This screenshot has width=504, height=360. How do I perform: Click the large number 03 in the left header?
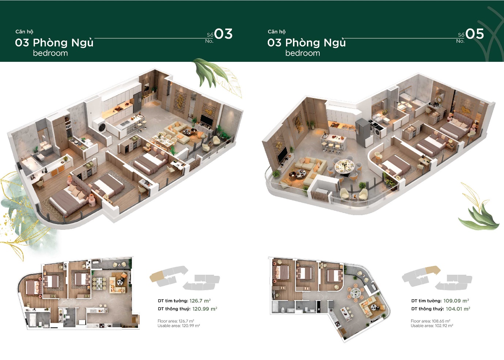tap(223, 34)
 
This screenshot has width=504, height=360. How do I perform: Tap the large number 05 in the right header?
tap(475, 34)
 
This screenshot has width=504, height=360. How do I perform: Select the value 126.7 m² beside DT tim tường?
tap(200, 301)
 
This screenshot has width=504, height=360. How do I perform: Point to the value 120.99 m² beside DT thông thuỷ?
tap(204, 309)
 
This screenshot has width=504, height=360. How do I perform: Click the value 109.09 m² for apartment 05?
tap(456, 301)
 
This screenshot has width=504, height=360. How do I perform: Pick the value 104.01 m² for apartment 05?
tap(458, 309)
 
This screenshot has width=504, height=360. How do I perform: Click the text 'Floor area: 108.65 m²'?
tap(430, 321)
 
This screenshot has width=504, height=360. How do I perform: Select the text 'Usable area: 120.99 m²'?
tap(178, 326)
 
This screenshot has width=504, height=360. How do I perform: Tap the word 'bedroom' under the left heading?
tap(50, 53)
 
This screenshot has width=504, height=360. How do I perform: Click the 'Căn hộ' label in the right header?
tap(277, 32)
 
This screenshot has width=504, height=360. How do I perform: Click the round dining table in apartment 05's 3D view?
tap(344, 166)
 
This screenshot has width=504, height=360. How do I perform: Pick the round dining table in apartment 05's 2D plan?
tap(355, 292)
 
